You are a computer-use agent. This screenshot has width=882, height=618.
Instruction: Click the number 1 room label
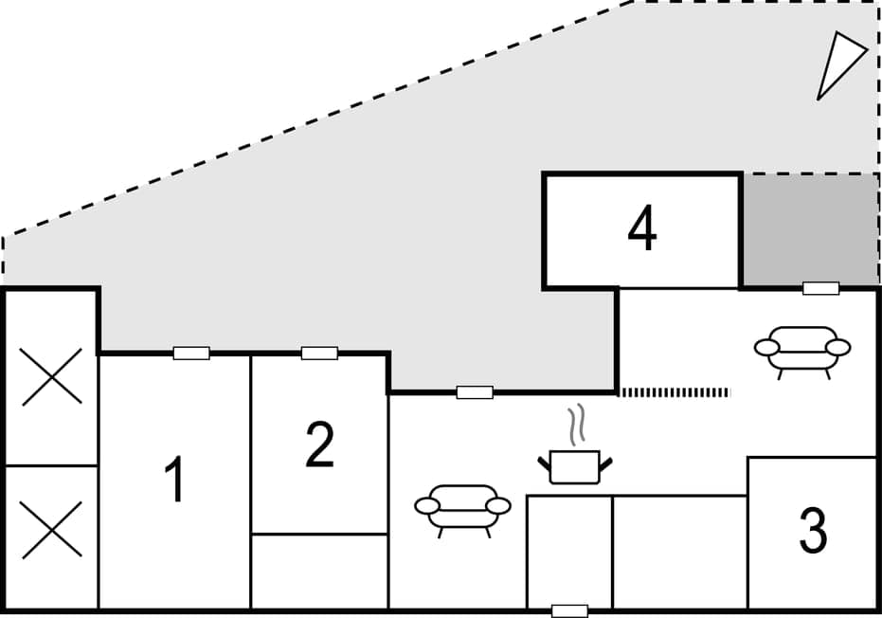click(x=173, y=480)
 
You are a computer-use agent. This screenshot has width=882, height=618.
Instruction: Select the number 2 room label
click(x=319, y=445)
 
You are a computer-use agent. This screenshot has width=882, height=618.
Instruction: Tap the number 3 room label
click(x=813, y=532)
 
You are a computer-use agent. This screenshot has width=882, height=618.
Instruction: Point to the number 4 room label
click(x=642, y=230)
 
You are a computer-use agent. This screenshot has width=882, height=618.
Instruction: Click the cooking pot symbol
click(x=575, y=466)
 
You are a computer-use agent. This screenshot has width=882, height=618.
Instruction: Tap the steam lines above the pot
click(x=574, y=426)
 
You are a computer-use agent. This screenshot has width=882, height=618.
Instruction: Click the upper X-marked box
click(x=51, y=376)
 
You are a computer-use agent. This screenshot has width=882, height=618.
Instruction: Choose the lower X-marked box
click(x=51, y=530)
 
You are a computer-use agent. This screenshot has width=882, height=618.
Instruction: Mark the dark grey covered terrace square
click(x=810, y=229)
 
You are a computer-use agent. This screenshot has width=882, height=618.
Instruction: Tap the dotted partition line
click(x=674, y=392)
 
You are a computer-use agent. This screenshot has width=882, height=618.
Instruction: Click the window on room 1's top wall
click(x=191, y=354)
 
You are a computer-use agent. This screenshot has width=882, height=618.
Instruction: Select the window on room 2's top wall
click(x=319, y=354)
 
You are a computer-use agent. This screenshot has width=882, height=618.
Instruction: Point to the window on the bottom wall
click(x=569, y=610)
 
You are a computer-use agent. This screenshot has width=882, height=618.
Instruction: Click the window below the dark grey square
click(x=820, y=288)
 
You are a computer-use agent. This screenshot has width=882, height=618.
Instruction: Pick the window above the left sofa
click(x=475, y=392)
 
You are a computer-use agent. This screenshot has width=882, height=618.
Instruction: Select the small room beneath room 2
click(x=319, y=572)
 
